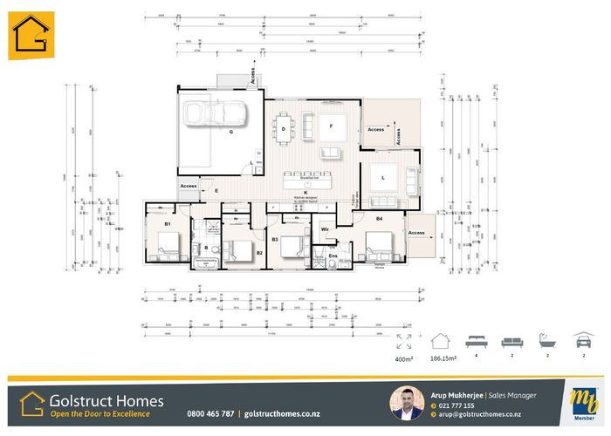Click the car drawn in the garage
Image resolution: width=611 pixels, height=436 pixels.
(220, 112)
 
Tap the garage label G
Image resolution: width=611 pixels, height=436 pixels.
(230, 133)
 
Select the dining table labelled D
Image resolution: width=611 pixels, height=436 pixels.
(285, 129)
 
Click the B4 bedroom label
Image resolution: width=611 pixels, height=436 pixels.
(380, 218)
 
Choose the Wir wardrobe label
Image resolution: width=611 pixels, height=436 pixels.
(324, 229)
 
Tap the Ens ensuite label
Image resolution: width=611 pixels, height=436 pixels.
(332, 255)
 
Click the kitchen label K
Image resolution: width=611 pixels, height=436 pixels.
(305, 192)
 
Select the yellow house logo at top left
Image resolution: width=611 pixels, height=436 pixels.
(31, 36)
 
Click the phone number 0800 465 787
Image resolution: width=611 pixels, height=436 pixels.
(210, 413)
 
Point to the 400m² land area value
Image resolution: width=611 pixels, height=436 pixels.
(404, 358)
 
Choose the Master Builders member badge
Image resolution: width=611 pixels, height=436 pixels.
(578, 403)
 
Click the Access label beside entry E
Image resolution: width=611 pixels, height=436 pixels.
(189, 186)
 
